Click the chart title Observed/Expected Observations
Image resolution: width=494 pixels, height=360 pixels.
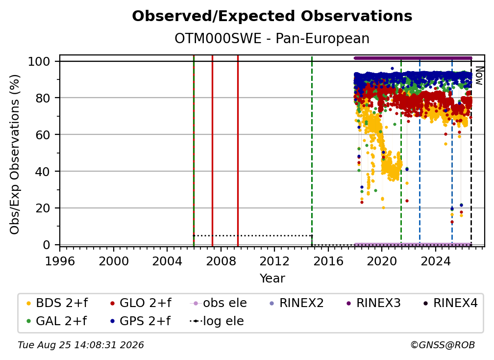coord(272,16)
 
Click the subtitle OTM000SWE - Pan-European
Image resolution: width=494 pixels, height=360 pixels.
coord(272,39)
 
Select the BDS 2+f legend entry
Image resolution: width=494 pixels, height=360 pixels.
coord(57,303)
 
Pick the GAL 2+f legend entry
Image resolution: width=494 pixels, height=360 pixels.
coord(56,321)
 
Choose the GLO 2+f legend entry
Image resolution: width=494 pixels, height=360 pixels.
coord(141,303)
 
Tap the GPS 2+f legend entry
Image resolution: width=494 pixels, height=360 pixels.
coord(140,321)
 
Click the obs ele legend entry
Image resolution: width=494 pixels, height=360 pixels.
coord(219,303)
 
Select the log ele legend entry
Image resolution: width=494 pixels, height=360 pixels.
coord(217,321)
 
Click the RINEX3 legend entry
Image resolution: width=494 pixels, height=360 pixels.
coord(373,303)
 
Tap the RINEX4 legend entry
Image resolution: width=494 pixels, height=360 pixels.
coord(450,303)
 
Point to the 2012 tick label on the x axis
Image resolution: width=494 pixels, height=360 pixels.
coord(274,261)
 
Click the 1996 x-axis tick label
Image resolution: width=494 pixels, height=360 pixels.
coord(60,261)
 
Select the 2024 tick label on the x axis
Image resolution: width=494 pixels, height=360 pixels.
coord(435,261)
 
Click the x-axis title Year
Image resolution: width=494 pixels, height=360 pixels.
coord(272,279)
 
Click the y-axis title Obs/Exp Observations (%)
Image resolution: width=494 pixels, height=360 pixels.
coord(15,154)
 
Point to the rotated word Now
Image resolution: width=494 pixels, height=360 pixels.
coord(479,76)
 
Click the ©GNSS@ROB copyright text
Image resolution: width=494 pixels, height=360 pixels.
coord(443,345)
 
